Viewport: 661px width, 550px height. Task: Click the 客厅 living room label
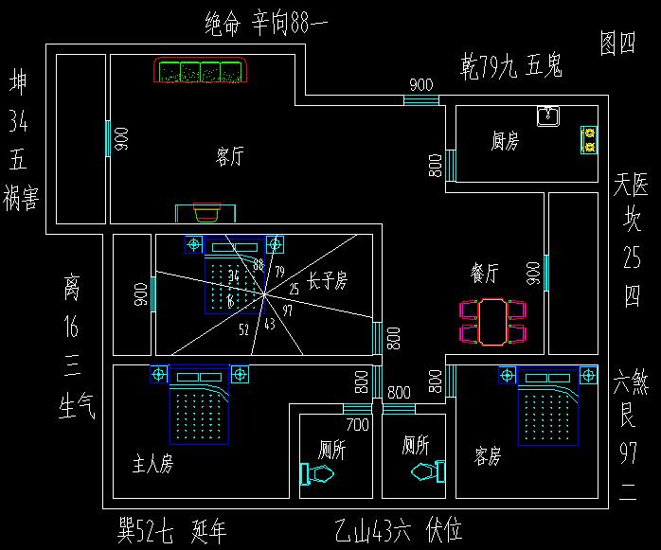coord(229,157)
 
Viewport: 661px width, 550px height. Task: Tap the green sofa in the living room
coord(200,71)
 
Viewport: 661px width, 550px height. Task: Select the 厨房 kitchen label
coord(505,142)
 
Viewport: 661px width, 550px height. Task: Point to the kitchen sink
coord(548,116)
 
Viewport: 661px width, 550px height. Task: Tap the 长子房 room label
coord(328,281)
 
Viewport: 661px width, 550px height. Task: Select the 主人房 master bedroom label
coord(152,465)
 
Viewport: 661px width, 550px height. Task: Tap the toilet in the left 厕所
coord(314,473)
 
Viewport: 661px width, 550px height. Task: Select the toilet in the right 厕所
coord(428,470)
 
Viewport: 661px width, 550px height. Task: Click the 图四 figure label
coord(617,43)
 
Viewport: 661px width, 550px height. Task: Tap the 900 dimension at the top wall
coord(421,85)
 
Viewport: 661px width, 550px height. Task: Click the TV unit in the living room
coord(207,212)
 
